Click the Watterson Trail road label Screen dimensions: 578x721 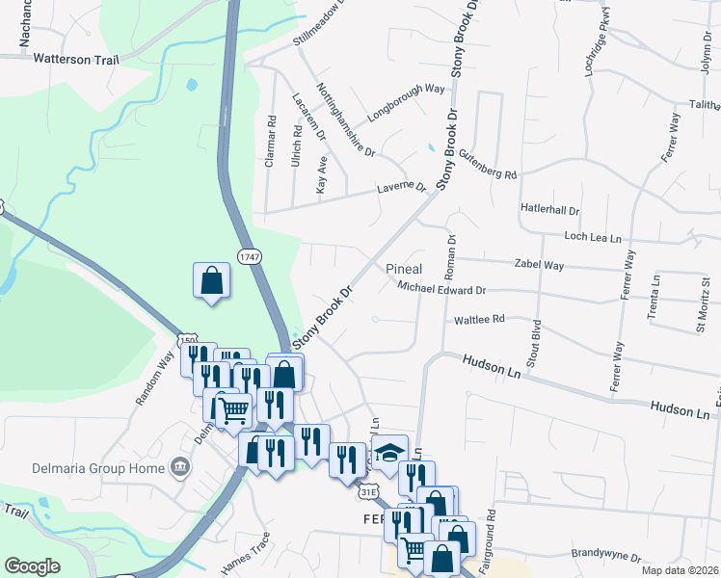pos(76,59)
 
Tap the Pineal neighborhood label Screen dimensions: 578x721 pos(405,269)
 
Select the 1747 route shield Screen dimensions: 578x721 pos(249,256)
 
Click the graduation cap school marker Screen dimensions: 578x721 pos(387,451)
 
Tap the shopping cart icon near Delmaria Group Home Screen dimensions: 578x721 pos(233,410)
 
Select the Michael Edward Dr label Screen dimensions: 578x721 pos(441,289)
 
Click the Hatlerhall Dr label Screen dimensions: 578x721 pos(550,209)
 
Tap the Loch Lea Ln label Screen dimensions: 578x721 pos(594,236)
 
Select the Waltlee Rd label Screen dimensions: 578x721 pos(479,319)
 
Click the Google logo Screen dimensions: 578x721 pos(32,566)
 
